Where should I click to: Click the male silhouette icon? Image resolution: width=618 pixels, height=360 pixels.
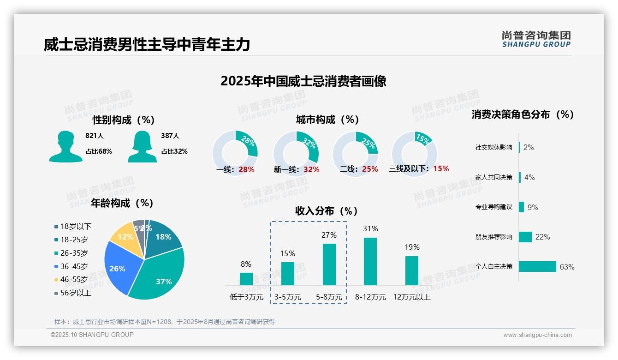pyautogui.click(x=65, y=146)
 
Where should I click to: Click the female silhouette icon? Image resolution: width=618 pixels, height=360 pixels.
pyautogui.click(x=142, y=146)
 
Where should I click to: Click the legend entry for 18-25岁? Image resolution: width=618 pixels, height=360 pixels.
pyautogui.click(x=74, y=240)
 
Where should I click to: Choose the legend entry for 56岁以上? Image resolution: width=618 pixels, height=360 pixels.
pyautogui.click(x=76, y=293)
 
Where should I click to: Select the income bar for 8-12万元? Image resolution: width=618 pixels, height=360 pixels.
pyautogui.click(x=370, y=261)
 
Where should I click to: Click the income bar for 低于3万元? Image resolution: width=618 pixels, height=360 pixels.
pyautogui.click(x=246, y=279)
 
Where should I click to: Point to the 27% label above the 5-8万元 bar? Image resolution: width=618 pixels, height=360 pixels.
pyautogui.click(x=329, y=235)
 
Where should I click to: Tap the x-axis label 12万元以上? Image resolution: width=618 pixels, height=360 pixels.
pyautogui.click(x=411, y=297)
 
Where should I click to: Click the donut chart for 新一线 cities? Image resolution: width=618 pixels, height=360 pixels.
pyautogui.click(x=296, y=154)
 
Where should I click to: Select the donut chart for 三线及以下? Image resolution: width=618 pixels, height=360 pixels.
pyautogui.click(x=414, y=154)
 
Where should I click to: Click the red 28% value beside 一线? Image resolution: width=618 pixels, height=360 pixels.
pyautogui.click(x=246, y=169)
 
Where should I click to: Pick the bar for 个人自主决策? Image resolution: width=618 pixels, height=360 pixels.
pyautogui.click(x=537, y=266)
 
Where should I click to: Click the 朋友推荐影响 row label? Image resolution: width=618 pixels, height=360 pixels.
pyautogui.click(x=493, y=237)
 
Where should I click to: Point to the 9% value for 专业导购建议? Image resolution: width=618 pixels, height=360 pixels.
pyautogui.click(x=533, y=207)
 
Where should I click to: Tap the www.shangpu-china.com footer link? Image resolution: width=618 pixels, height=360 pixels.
pyautogui.click(x=537, y=335)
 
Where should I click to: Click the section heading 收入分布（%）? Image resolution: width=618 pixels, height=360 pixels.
pyautogui.click(x=327, y=211)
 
